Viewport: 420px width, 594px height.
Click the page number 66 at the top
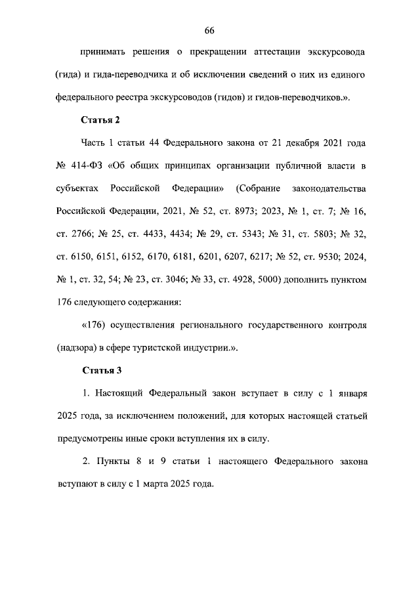210,31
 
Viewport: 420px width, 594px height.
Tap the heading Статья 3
101,371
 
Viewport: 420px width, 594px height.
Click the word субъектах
78,188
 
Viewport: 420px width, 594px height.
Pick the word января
348,394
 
